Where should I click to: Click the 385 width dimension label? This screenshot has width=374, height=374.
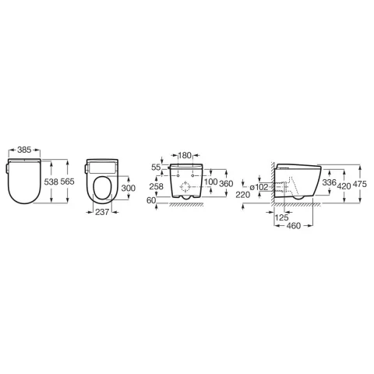[24, 150]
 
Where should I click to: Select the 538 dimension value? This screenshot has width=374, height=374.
[51, 182]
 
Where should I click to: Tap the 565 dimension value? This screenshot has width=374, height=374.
[68, 182]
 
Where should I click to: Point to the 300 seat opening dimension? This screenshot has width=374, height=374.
[129, 188]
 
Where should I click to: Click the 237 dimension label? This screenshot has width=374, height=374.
[102, 212]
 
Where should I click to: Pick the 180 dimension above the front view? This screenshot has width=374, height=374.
[185, 155]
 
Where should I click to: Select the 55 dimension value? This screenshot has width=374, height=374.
[157, 168]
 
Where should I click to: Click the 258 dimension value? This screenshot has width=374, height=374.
[157, 186]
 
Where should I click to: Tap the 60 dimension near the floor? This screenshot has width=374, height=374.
[151, 200]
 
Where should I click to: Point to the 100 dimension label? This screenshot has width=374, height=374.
[210, 182]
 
